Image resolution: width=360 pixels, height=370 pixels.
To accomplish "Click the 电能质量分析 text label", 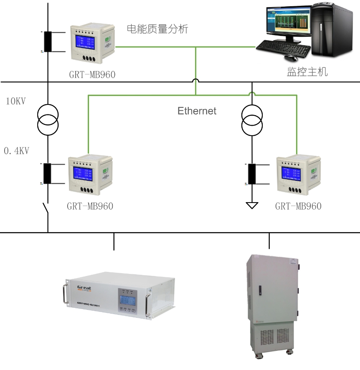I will point(157,29).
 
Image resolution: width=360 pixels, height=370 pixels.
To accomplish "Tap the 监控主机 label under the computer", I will point(307,72).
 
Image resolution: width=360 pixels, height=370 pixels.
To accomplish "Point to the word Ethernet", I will point(197,111).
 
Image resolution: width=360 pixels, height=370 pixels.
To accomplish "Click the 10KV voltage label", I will point(16,101).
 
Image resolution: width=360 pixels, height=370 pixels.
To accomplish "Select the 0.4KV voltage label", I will point(16,151).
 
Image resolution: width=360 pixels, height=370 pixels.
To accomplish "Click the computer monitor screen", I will point(288,25).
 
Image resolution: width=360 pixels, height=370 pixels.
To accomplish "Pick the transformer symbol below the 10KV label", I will point(48,119).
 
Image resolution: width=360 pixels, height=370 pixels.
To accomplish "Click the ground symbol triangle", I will point(252,205).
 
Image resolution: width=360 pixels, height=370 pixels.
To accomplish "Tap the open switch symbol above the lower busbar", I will point(46,209).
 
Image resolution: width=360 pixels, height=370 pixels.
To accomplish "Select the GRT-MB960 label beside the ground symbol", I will point(298,206).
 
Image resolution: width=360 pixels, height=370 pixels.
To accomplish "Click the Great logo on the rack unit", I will point(84,288).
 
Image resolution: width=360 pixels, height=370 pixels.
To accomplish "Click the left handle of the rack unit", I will point(65,294).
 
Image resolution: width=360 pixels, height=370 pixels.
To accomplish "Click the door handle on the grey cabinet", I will point(260,289).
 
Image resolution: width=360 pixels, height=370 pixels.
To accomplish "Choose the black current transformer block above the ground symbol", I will point(252,174).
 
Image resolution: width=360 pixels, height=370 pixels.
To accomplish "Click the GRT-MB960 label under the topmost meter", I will point(92,75).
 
